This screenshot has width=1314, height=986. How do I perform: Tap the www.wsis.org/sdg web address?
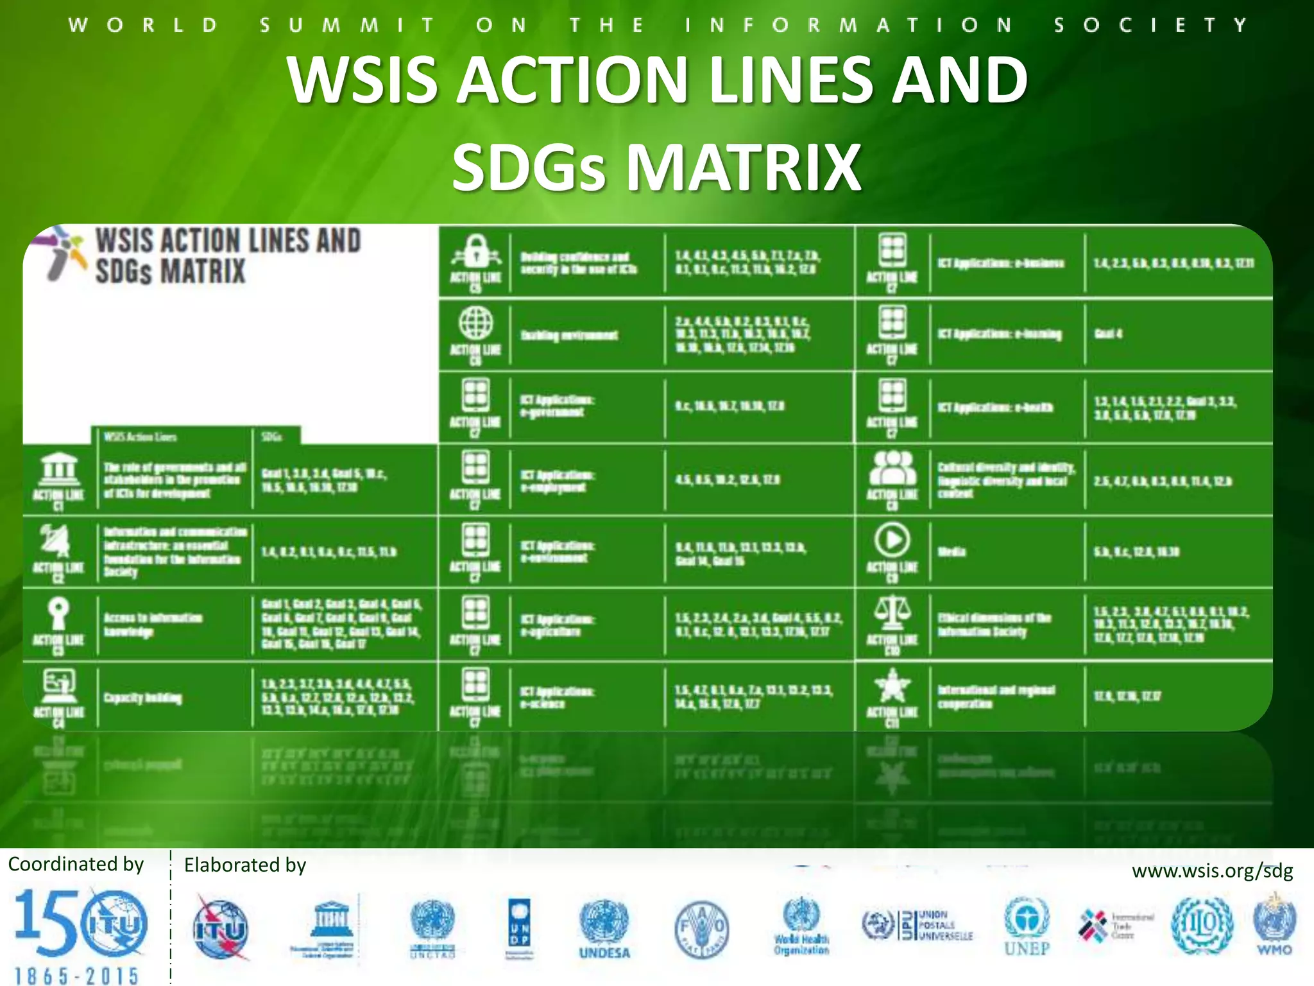coord(1212,871)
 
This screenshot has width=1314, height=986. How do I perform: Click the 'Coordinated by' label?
coord(76,864)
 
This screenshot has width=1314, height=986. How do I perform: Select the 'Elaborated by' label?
coord(245,865)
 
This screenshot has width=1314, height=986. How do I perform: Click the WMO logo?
coord(1274,924)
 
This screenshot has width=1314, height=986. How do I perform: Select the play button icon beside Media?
coord(892,540)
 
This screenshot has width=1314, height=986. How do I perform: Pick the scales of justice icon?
coord(892,612)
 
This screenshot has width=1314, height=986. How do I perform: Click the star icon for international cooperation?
coord(892,686)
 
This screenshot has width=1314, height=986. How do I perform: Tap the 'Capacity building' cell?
coord(143,698)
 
